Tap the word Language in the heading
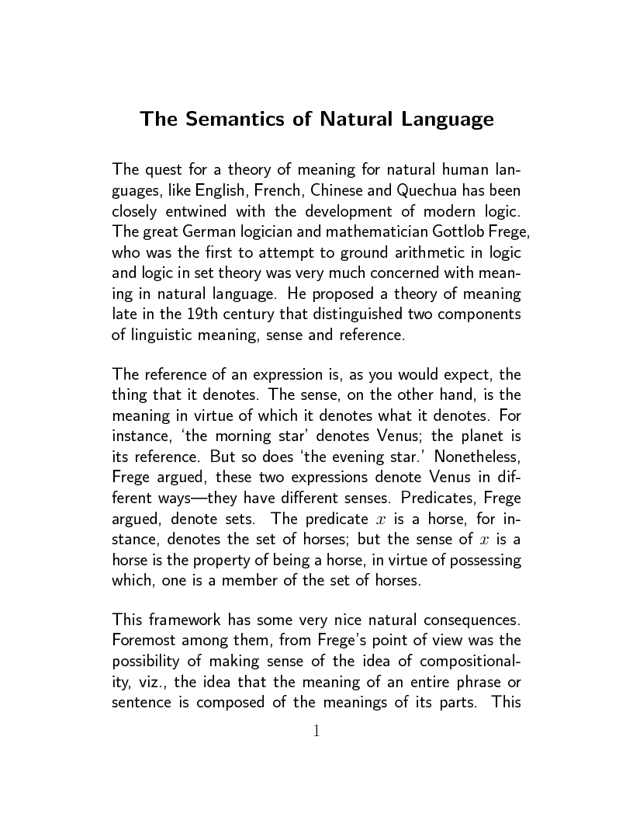[x=448, y=120]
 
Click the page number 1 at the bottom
[x=316, y=730]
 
